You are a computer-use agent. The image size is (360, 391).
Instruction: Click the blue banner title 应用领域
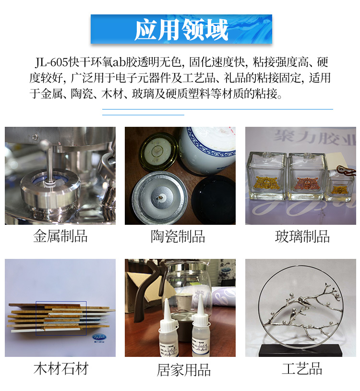click(181, 30)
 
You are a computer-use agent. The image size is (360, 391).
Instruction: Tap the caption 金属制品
click(60, 236)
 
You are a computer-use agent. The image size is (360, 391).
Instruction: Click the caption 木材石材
click(61, 369)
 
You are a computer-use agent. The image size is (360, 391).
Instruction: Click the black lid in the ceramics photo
click(214, 199)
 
